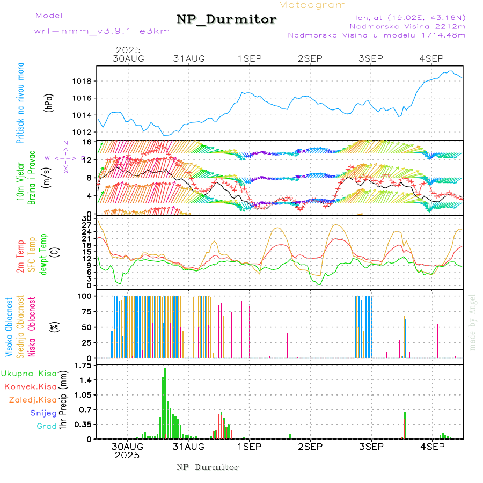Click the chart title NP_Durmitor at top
click(x=226, y=20)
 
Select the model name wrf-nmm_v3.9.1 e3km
click(x=102, y=31)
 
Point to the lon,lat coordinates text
click(x=407, y=17)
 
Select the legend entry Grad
click(x=47, y=426)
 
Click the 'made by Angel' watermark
click(x=473, y=322)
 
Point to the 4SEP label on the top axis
click(x=431, y=58)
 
